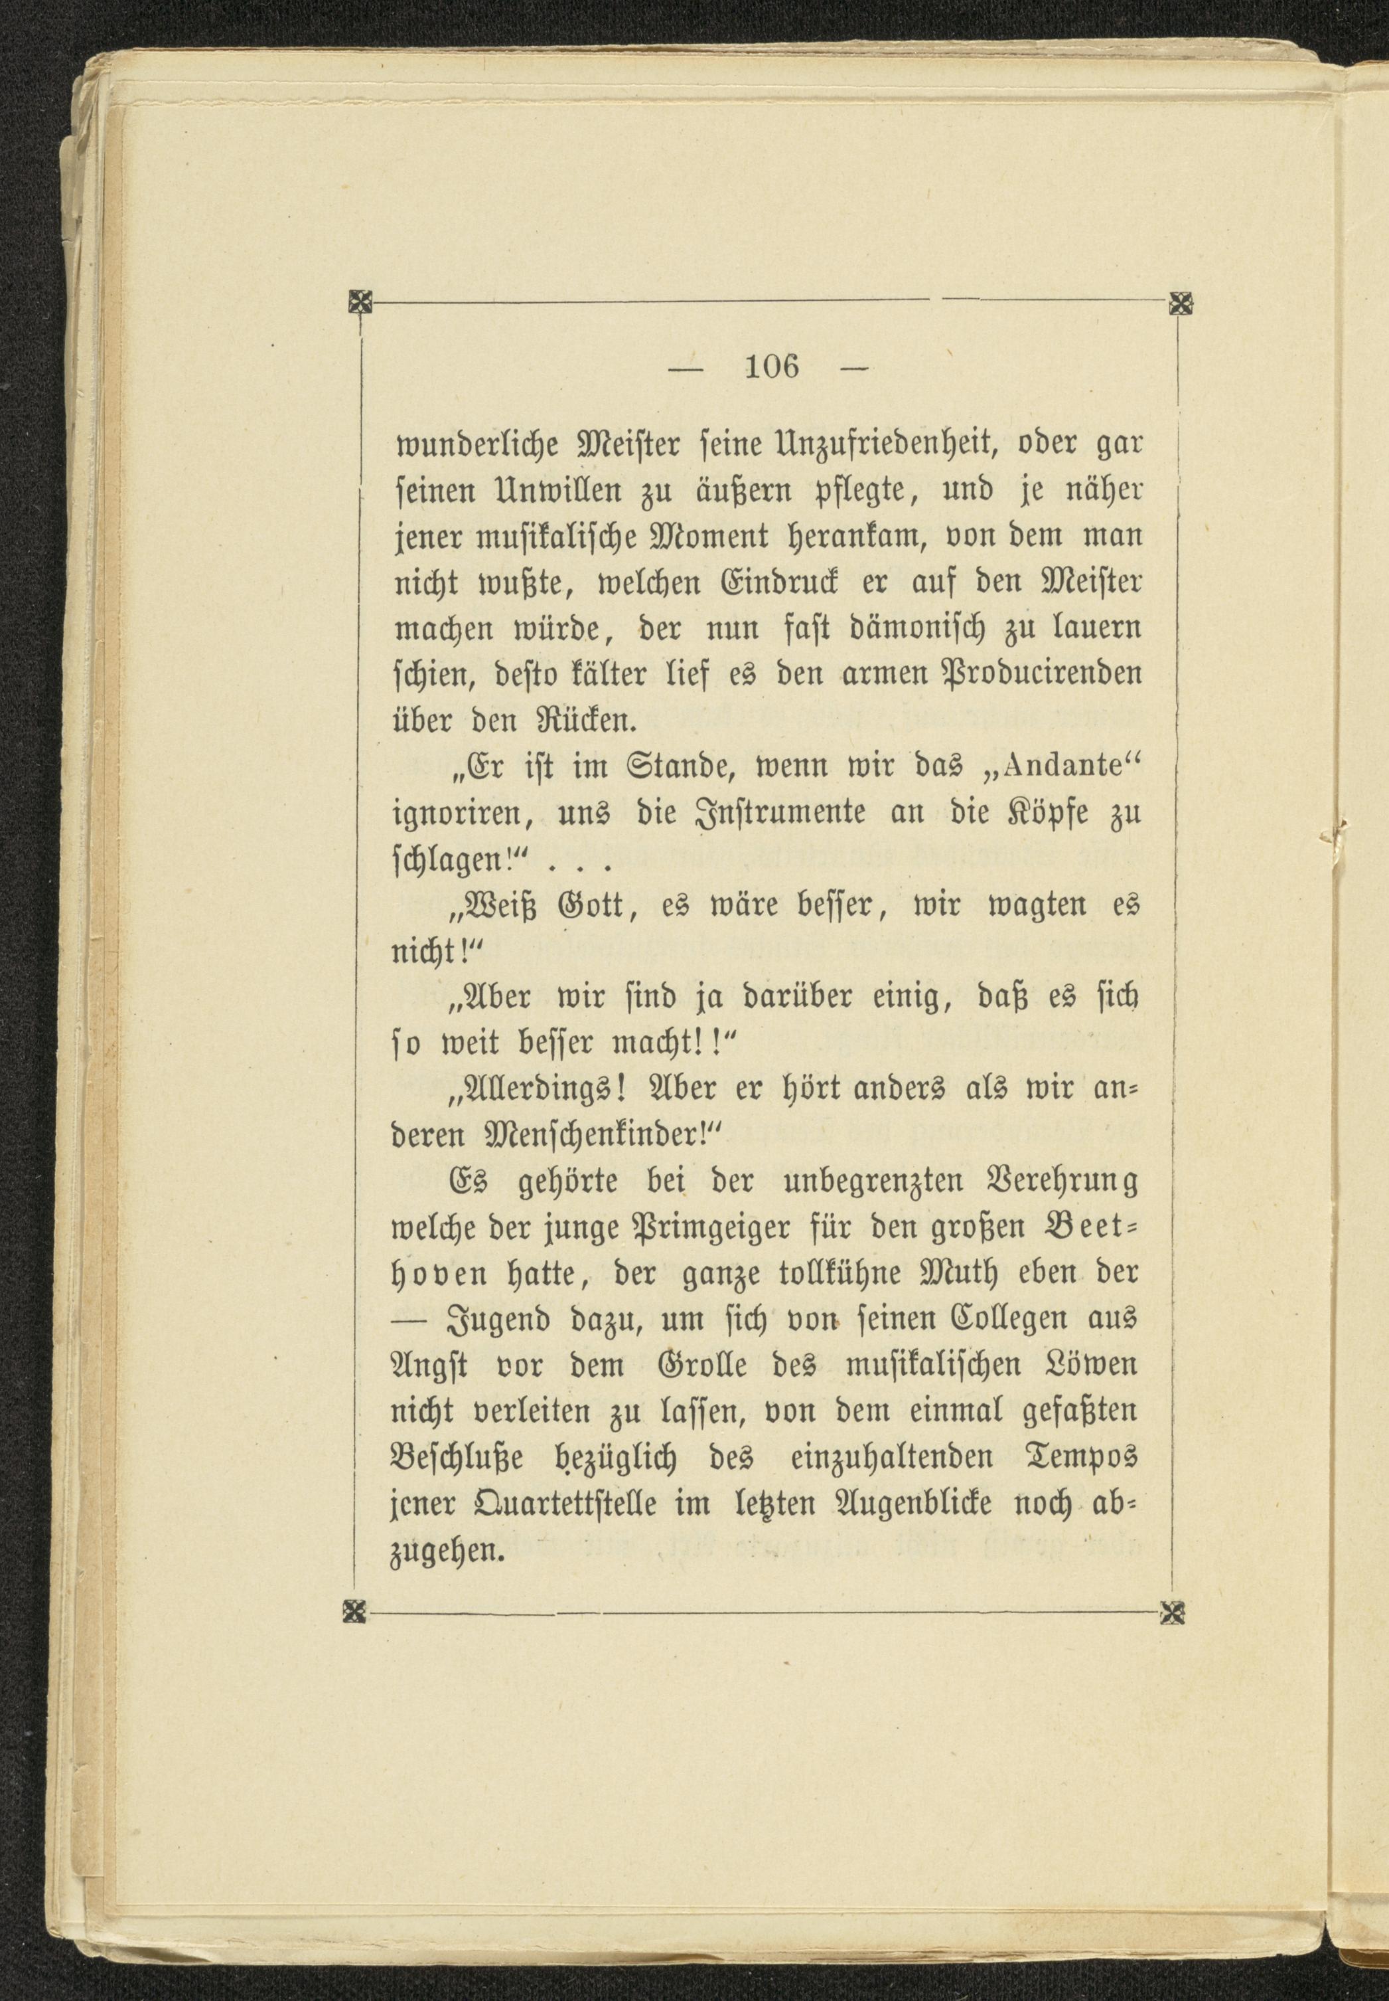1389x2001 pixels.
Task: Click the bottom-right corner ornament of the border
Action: click(1175, 1612)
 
